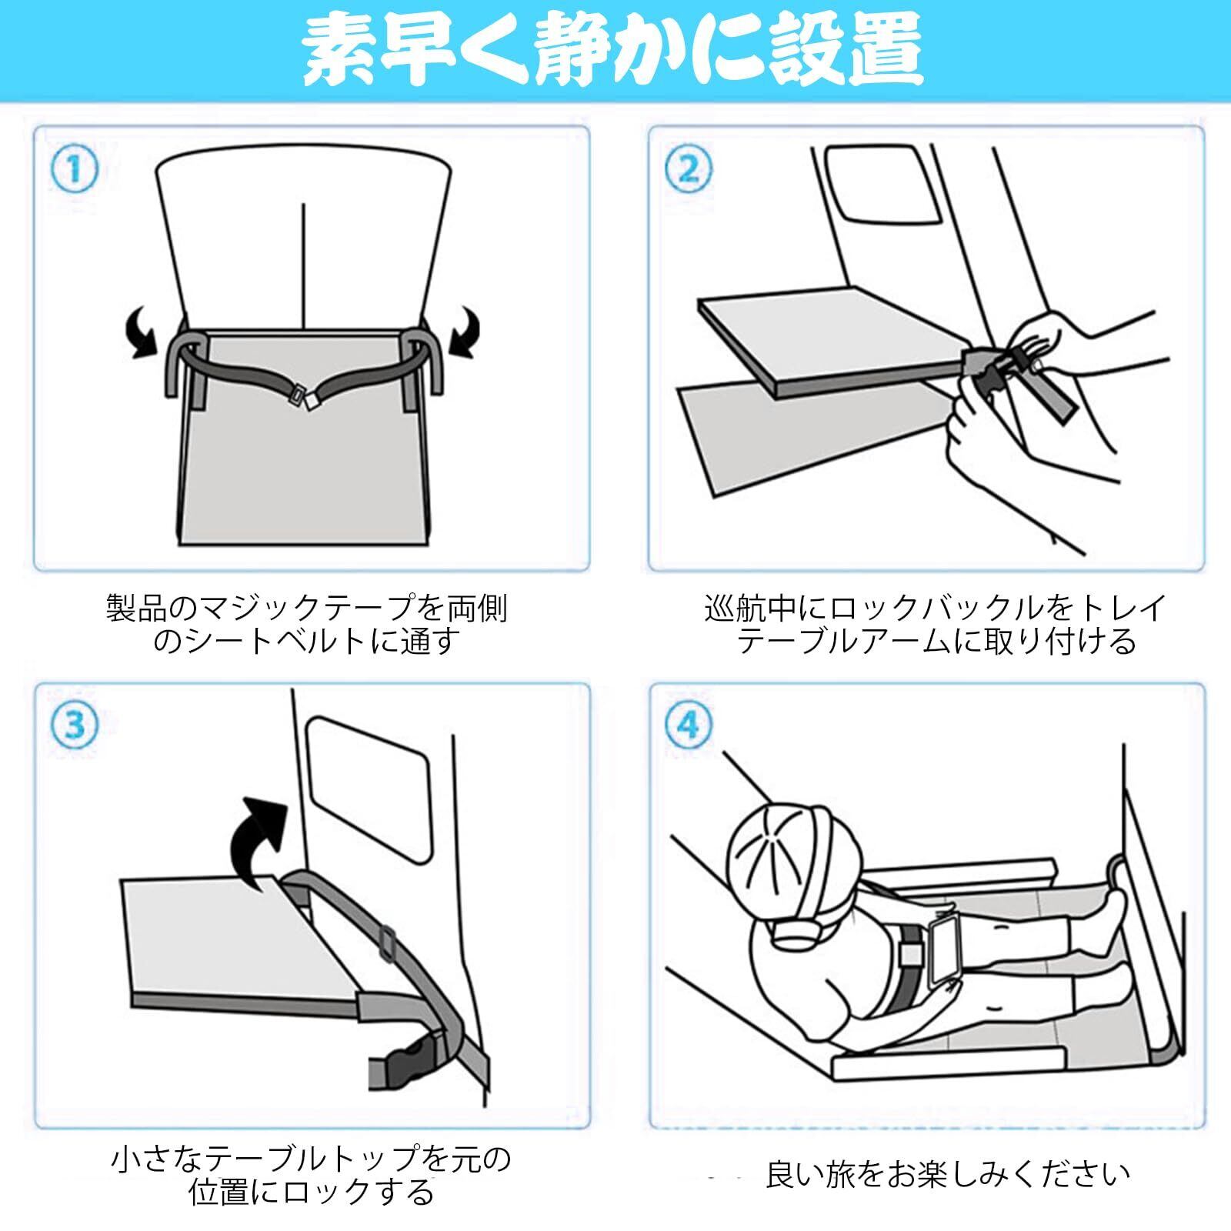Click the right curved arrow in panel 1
coord(465,331)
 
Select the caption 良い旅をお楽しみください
coord(948,1173)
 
